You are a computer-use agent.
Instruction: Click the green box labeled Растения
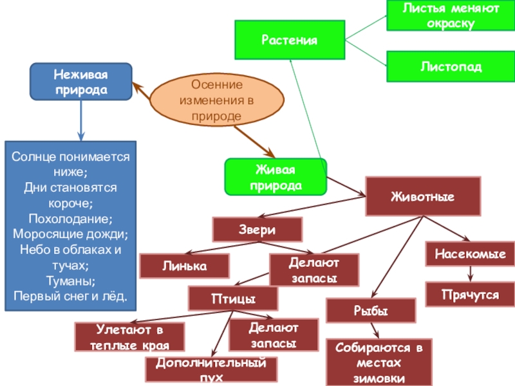[x=289, y=41]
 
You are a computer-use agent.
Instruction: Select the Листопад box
[x=450, y=66]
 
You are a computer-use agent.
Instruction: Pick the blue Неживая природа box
[x=80, y=82]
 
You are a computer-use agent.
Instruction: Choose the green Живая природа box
[x=276, y=177]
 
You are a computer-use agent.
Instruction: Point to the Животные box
[x=422, y=196]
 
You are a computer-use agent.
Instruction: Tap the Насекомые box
[x=470, y=254]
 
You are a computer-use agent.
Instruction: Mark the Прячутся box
[x=470, y=294]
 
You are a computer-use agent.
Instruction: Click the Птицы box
[x=233, y=299]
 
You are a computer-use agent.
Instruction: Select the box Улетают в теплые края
[x=130, y=337]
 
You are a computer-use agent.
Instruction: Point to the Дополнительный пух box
[x=212, y=369]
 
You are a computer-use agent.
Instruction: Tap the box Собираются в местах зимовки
[x=379, y=362]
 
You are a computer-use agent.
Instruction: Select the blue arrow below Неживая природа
[x=80, y=120]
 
